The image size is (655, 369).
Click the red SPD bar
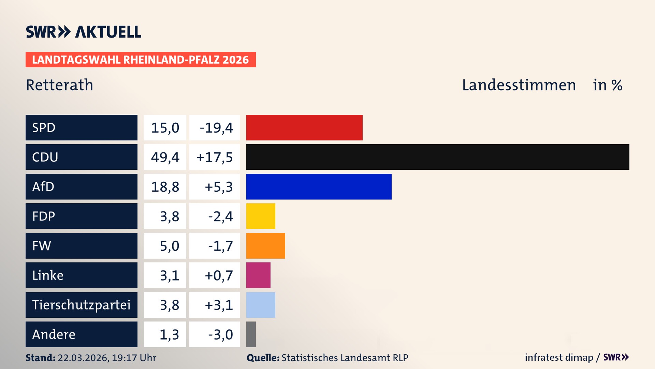point(304,127)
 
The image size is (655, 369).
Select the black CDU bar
point(438,157)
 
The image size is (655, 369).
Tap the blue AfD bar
point(319,187)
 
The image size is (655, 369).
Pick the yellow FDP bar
point(261,216)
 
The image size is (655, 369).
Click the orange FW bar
point(265,246)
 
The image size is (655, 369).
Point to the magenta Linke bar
point(258,275)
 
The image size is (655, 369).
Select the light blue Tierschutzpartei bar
point(261,305)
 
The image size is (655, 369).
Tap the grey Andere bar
point(251,334)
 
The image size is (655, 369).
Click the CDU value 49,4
point(165,157)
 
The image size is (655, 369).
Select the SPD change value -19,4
point(216,128)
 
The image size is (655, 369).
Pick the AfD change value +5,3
point(218,187)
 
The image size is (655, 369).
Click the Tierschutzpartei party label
point(81,305)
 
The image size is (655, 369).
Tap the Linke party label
point(48,275)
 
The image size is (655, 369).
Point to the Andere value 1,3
point(169,334)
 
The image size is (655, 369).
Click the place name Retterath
point(59,85)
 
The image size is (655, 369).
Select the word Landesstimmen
point(519,85)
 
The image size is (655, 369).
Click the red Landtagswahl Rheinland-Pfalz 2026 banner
point(141,60)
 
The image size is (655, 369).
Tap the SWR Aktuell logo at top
point(84,32)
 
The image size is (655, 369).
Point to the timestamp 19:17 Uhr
point(134,358)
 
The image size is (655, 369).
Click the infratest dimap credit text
point(559,357)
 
